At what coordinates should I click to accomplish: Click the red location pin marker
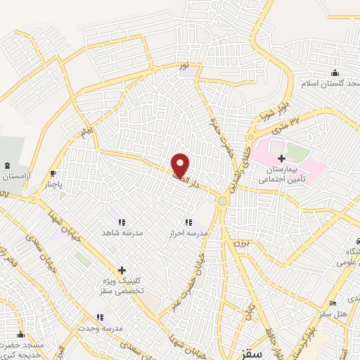tap(181, 165)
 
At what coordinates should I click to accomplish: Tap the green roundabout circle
tap(223, 201)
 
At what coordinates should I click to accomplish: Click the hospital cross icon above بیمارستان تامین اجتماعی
tap(282, 159)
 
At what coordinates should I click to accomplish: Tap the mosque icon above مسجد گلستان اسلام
tap(335, 73)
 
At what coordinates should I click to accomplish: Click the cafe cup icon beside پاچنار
tap(53, 174)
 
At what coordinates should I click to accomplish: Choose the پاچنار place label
tap(51, 185)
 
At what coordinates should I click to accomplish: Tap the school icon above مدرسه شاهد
tap(120, 221)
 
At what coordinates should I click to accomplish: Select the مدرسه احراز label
tap(188, 232)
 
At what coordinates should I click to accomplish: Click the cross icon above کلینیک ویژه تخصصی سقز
tap(122, 269)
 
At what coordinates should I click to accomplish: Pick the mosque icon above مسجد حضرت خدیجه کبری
tap(20, 335)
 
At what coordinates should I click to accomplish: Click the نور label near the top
tap(184, 67)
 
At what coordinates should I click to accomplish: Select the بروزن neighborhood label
tap(241, 243)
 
